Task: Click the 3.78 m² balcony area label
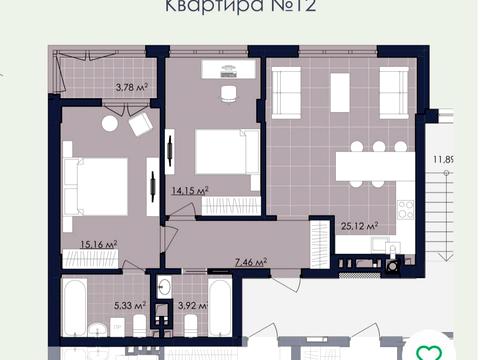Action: coord(132,88)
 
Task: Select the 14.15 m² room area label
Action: coord(188,190)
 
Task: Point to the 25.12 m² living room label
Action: coord(358,227)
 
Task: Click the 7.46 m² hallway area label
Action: coord(250,262)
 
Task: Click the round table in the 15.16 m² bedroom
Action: coord(109,124)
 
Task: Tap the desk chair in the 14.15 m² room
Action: coord(229,94)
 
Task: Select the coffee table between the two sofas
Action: coord(340,92)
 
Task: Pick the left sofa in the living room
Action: coord(287,93)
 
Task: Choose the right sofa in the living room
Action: coord(394,93)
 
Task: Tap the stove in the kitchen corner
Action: coord(406,212)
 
